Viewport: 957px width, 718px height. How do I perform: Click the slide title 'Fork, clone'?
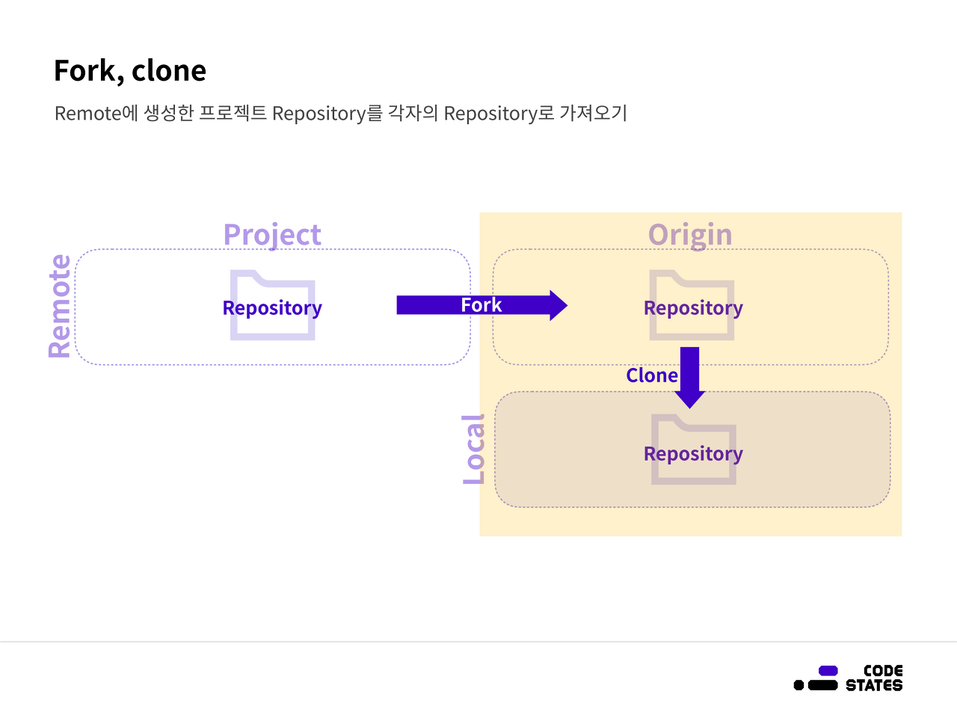point(130,71)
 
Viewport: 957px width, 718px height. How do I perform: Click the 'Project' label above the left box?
point(272,235)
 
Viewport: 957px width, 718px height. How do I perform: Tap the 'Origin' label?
point(690,235)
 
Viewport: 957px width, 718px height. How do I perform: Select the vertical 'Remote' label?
point(60,307)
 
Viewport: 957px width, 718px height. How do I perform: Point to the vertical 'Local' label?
point(474,449)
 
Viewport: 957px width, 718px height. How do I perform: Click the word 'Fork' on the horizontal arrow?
point(481,305)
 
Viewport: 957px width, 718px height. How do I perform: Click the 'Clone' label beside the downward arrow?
point(652,375)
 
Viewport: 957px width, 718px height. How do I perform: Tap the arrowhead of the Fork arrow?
point(558,305)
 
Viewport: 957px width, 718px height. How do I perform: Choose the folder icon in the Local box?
point(693,429)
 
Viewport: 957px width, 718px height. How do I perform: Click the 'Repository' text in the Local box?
point(693,454)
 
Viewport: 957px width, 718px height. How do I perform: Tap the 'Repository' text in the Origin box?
point(693,308)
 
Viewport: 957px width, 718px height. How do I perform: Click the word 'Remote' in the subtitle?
point(88,114)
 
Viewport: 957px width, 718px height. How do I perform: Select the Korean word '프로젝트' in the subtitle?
point(233,114)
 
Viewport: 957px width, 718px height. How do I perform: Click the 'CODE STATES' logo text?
point(874,678)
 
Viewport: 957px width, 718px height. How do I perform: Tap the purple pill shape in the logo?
point(828,670)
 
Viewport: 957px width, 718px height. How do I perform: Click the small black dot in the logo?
point(798,685)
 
